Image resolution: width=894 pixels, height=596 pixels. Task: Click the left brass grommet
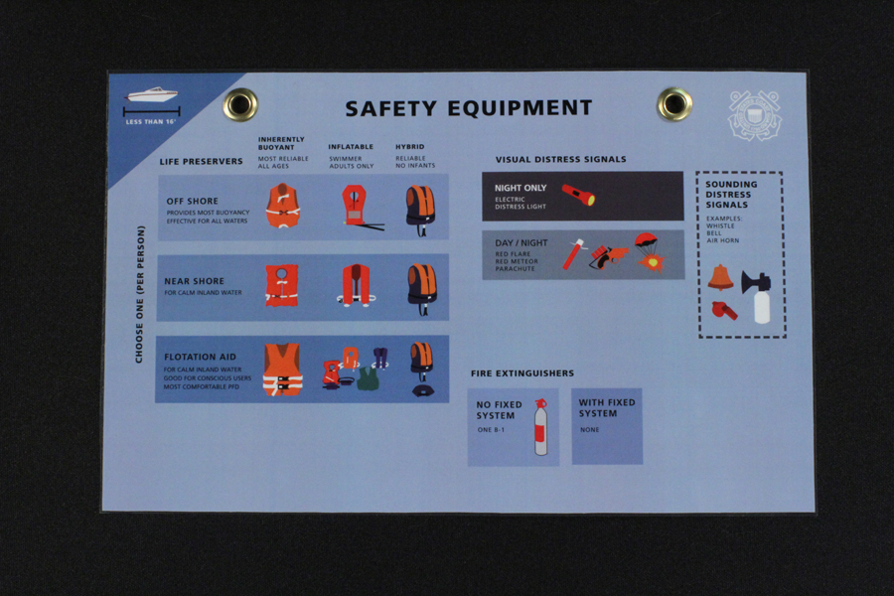pyautogui.click(x=239, y=103)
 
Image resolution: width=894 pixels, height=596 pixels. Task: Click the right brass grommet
pyautogui.click(x=673, y=103)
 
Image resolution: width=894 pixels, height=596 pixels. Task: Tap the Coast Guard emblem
pyautogui.click(x=754, y=115)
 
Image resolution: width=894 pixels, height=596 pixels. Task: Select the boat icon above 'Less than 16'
pyautogui.click(x=152, y=96)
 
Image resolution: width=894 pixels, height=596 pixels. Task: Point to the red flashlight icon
pyautogui.click(x=578, y=195)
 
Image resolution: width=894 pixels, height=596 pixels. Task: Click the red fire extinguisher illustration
pyautogui.click(x=540, y=427)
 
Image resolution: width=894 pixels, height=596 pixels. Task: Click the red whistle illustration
pyautogui.click(x=724, y=310)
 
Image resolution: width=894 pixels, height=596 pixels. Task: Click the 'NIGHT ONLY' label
pyautogui.click(x=521, y=188)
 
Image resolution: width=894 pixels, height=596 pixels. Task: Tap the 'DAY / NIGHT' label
pyautogui.click(x=521, y=243)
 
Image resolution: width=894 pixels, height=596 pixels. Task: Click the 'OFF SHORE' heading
pyautogui.click(x=193, y=202)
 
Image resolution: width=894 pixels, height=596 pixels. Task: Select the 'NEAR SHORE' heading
pyautogui.click(x=195, y=282)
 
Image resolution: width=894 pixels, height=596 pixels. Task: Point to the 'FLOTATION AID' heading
pyautogui.click(x=200, y=358)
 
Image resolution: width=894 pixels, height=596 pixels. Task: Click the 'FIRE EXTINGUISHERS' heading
pyautogui.click(x=522, y=373)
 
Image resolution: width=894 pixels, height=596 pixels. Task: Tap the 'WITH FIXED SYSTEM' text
pyautogui.click(x=607, y=408)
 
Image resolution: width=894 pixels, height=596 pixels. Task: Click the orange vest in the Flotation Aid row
pyautogui.click(x=282, y=370)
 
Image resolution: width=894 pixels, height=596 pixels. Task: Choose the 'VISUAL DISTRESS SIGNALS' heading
pyautogui.click(x=561, y=159)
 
